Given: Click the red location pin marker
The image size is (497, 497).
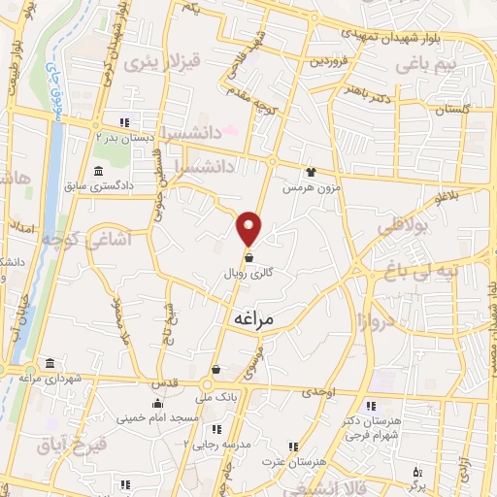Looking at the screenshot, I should (x=249, y=227).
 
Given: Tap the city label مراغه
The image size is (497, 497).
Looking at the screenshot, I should (x=254, y=317).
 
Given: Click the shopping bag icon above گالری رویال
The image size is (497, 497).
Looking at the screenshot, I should (x=250, y=258).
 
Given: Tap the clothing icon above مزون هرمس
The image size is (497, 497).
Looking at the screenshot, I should (x=311, y=172).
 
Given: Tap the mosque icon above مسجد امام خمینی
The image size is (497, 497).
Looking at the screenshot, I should (x=156, y=403).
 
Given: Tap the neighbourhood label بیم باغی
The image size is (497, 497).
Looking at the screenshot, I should (x=432, y=63).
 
